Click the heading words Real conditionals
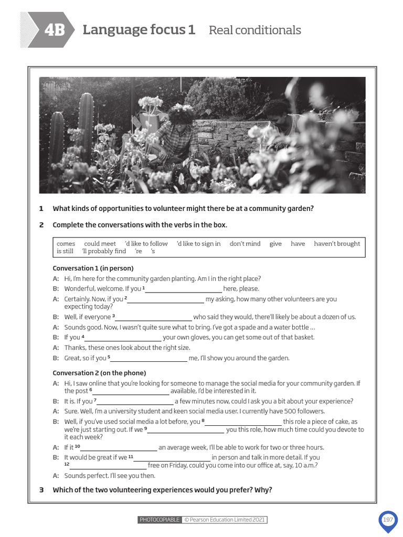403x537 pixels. (254, 30)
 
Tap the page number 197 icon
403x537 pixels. (388, 520)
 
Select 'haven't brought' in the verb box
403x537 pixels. (337, 243)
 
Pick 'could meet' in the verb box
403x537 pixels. (100, 243)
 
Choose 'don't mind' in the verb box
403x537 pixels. (245, 243)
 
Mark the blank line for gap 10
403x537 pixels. (119, 449)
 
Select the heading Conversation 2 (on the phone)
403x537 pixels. (99, 373)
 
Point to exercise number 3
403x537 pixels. (41, 490)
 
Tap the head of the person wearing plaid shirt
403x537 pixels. (181, 114)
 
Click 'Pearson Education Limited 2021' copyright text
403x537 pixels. (225, 520)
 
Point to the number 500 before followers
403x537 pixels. (283, 411)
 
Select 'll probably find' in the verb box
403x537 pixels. (104, 251)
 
